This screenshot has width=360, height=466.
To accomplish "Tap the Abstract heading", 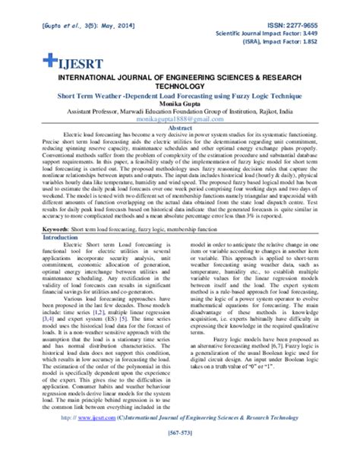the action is click(x=179, y=128).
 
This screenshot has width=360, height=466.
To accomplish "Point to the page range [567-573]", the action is click(x=179, y=454).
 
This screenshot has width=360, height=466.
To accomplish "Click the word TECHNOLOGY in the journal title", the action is click(x=180, y=87).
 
